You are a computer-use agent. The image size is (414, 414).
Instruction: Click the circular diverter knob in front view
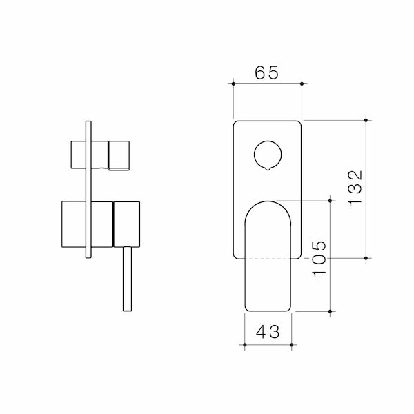point(268,153)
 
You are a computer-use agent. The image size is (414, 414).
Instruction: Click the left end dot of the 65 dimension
point(234,85)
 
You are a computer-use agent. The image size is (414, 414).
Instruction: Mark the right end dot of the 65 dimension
point(302,85)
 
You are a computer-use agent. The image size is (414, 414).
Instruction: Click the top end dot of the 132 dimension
point(366,119)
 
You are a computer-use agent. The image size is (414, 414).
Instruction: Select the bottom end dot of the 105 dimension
point(332,312)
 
